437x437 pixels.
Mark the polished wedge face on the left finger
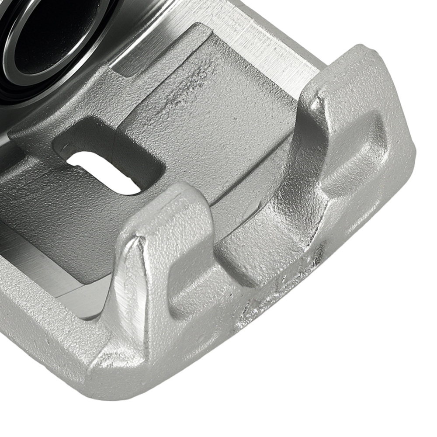pos(135,284)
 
